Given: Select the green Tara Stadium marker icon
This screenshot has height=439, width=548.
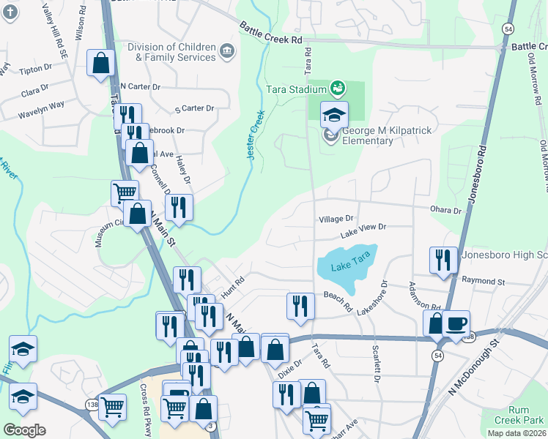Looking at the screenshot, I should coord(338,89).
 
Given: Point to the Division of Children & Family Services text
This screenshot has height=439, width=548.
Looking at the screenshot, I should coord(171,51).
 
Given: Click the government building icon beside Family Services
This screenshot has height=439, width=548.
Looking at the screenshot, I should coord(227,51).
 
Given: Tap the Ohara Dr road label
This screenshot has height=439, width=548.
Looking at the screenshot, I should coord(447,211).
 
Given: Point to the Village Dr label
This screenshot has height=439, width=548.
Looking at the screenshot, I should coord(336,219).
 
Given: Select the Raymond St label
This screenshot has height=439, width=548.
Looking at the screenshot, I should coord(484,281).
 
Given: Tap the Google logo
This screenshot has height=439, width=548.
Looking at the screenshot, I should coord(23,429).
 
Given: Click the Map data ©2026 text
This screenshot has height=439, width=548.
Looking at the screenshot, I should coord(517,433).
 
